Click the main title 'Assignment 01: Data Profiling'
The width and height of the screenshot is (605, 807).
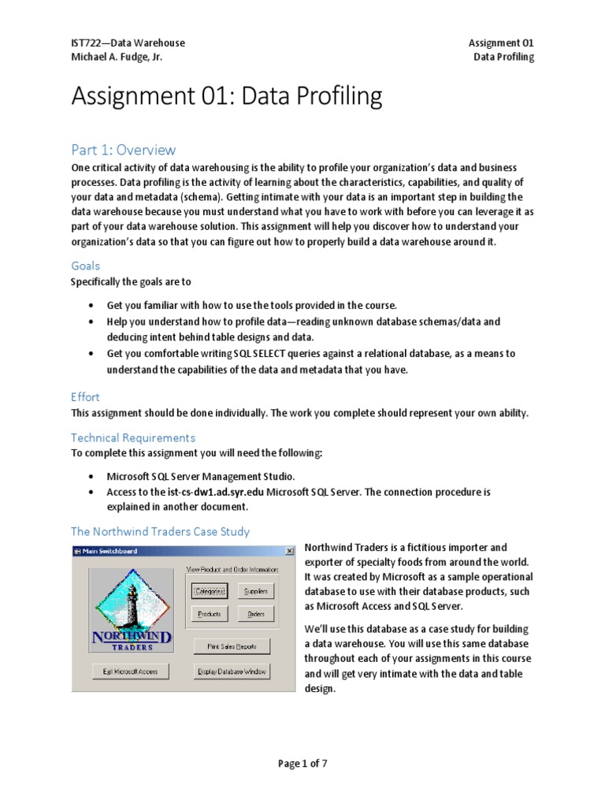click(x=227, y=97)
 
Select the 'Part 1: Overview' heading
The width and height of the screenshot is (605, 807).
click(x=124, y=150)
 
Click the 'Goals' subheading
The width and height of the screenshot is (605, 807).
click(x=86, y=266)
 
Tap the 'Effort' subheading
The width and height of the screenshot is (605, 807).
click(x=86, y=397)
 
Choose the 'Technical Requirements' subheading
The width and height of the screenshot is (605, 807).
click(x=133, y=437)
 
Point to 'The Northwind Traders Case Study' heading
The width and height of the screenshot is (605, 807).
click(x=161, y=531)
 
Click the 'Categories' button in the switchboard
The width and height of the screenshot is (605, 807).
click(x=209, y=591)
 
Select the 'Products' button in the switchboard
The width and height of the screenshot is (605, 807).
click(x=209, y=614)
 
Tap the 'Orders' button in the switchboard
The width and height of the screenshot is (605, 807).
click(x=255, y=614)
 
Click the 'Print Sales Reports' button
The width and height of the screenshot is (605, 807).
click(x=232, y=646)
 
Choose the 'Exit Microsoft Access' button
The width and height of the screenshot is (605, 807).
click(x=130, y=671)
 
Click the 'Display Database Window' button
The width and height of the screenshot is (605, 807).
click(x=232, y=671)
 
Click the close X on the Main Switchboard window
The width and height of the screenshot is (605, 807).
click(x=289, y=551)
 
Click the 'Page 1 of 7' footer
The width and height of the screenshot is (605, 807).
click(x=302, y=764)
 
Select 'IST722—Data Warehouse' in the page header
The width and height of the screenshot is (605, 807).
click(x=128, y=43)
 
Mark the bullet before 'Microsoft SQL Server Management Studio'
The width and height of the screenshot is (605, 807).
click(x=91, y=478)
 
